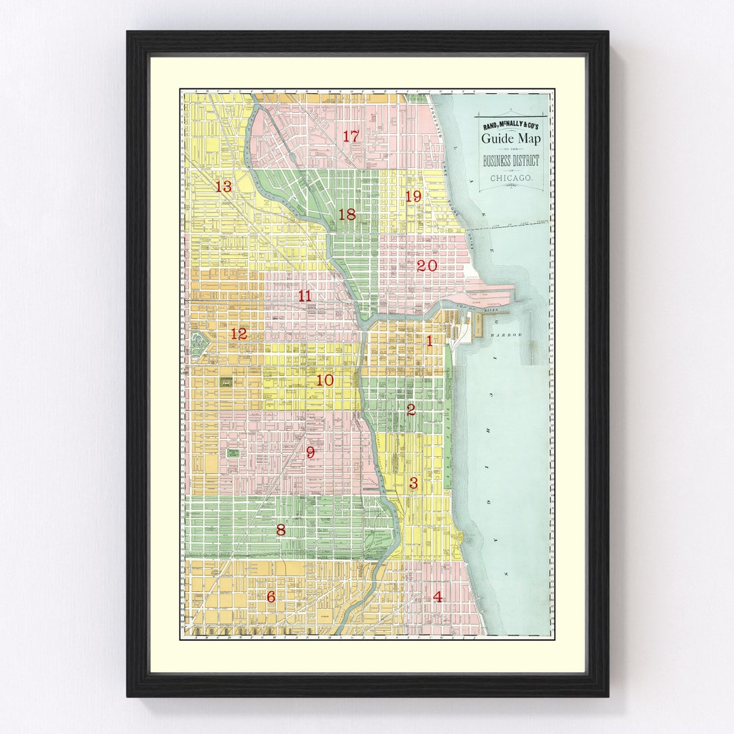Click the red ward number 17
click(351, 137)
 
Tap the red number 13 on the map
click(224, 186)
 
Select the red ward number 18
click(347, 215)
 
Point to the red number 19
click(413, 196)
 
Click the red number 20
click(427, 266)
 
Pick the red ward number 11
click(304, 296)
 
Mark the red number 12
click(239, 334)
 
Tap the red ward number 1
click(429, 341)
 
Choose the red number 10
click(325, 381)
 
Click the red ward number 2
click(410, 410)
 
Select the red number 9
click(310, 453)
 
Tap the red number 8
click(281, 530)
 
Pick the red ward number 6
click(271, 597)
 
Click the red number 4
click(437, 597)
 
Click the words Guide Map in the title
click(512, 139)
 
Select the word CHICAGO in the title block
click(511, 179)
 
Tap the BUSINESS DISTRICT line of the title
click(511, 161)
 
